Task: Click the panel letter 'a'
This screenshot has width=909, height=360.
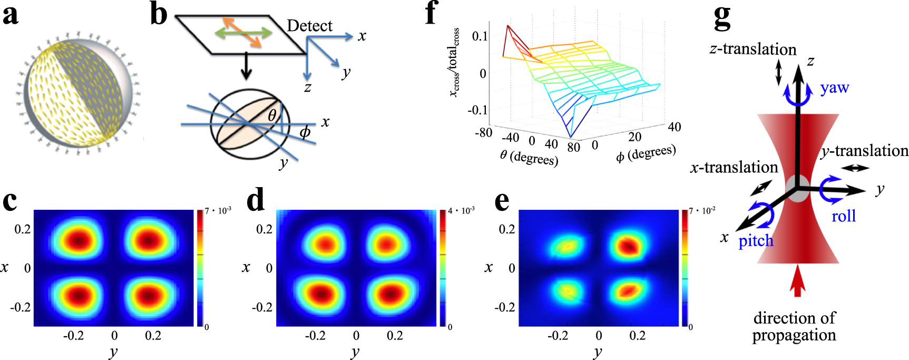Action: pyautogui.click(x=11, y=15)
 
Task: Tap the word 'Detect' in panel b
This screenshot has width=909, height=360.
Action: pyautogui.click(x=309, y=26)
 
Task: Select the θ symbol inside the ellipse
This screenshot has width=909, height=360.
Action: pyautogui.click(x=272, y=115)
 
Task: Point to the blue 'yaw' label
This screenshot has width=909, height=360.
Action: pyautogui.click(x=834, y=87)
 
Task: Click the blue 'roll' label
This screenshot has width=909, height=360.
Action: pyautogui.click(x=843, y=216)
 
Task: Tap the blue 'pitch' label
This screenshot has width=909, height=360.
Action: pyautogui.click(x=756, y=241)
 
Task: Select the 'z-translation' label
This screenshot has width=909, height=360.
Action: pyautogui.click(x=752, y=50)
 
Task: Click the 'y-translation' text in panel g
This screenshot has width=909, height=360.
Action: pyautogui.click(x=864, y=151)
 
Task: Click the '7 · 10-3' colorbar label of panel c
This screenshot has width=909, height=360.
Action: pyautogui.click(x=218, y=211)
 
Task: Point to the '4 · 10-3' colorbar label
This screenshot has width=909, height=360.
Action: pyautogui.click(x=461, y=211)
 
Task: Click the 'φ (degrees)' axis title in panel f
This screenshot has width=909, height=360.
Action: pyautogui.click(x=646, y=153)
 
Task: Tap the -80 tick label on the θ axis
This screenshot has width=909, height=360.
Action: pyautogui.click(x=483, y=132)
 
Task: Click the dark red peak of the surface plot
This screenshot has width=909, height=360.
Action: pyautogui.click(x=508, y=26)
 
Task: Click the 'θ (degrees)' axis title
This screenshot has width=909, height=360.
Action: pyautogui.click(x=529, y=157)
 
